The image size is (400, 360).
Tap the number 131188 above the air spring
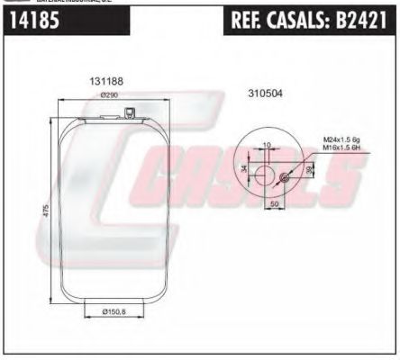point(105,81)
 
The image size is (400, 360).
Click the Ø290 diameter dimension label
point(110,94)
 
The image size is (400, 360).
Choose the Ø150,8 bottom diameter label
point(111,311)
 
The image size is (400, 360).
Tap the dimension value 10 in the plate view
point(266,145)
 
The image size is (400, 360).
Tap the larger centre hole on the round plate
point(266,170)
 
